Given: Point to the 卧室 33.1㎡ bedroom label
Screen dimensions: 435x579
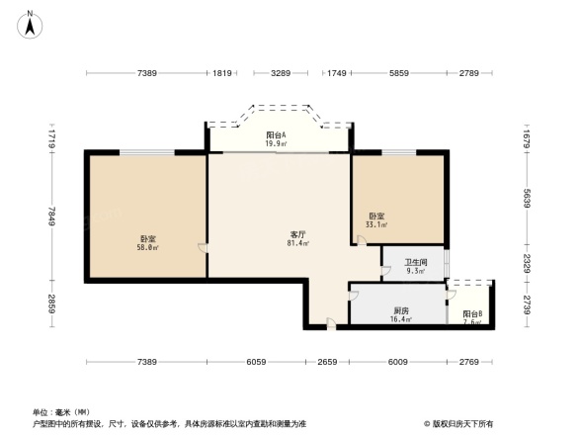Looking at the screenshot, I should click(376, 220).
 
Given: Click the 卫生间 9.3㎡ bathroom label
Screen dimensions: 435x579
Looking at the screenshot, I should click(416, 266).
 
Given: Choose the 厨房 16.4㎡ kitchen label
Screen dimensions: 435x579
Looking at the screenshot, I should click(400, 315).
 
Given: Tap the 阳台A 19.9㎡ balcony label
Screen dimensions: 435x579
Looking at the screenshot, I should click(277, 139).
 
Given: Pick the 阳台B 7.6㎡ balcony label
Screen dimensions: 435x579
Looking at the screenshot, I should click(472, 317).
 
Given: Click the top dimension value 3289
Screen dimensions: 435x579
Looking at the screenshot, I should click(281, 74).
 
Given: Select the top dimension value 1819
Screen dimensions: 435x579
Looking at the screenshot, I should click(222, 74).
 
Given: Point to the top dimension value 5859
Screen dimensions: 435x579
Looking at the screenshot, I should click(399, 74).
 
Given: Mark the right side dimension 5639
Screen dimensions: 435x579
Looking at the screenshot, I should click(529, 200).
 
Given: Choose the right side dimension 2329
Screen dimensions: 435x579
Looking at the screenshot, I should click(529, 264).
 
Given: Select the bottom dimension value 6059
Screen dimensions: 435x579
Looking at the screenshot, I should click(255, 362).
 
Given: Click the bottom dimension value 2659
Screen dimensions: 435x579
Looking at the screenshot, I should click(330, 362).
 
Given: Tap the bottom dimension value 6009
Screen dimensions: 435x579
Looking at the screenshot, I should click(398, 362).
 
